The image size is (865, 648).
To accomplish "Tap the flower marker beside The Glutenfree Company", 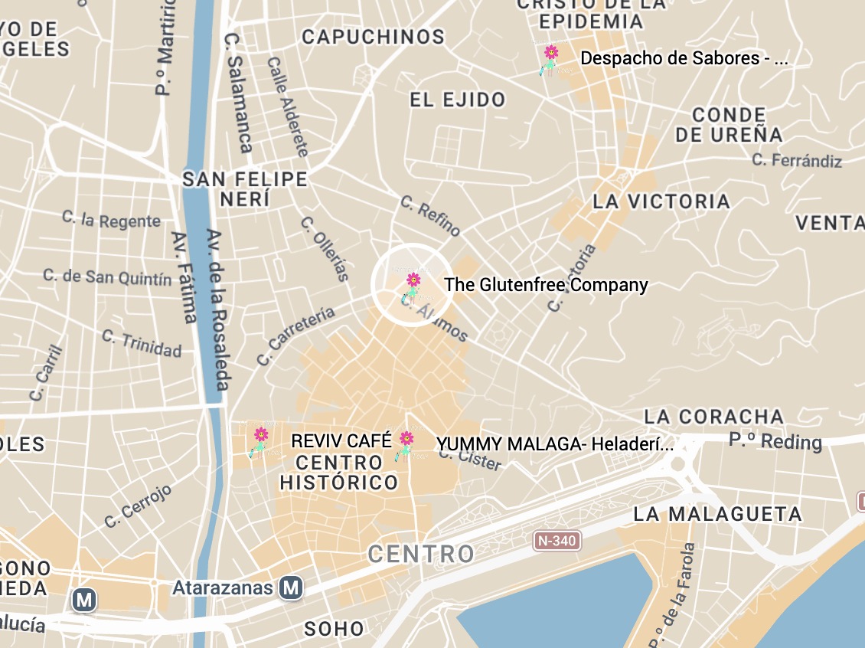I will pyautogui.click(x=413, y=286).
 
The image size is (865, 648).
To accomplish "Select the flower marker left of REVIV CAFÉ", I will pyautogui.click(x=260, y=442).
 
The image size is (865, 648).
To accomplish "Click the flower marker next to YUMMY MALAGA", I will pyautogui.click(x=406, y=444).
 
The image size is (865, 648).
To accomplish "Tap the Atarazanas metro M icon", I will pyautogui.click(x=291, y=587).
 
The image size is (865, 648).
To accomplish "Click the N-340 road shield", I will pyautogui.click(x=557, y=541).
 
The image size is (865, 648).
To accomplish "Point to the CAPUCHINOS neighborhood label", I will pyautogui.click(x=373, y=37).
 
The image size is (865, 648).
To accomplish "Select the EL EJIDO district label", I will pyautogui.click(x=458, y=100).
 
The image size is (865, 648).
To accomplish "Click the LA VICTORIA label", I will pyautogui.click(x=661, y=201).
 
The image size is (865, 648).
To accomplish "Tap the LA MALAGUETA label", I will pyautogui.click(x=717, y=514).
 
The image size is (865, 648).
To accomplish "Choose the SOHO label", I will pyautogui.click(x=335, y=630).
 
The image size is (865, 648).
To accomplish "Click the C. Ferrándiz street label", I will pyautogui.click(x=797, y=160).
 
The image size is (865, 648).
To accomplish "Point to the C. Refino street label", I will pyautogui.click(x=431, y=216).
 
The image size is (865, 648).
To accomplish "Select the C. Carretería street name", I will pyautogui.click(x=295, y=335).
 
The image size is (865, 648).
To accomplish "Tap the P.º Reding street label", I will pyautogui.click(x=775, y=442).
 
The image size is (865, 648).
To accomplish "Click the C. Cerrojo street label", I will pyautogui.click(x=139, y=506).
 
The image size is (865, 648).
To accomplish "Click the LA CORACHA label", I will pyautogui.click(x=713, y=417).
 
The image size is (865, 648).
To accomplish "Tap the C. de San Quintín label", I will pyautogui.click(x=107, y=277).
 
